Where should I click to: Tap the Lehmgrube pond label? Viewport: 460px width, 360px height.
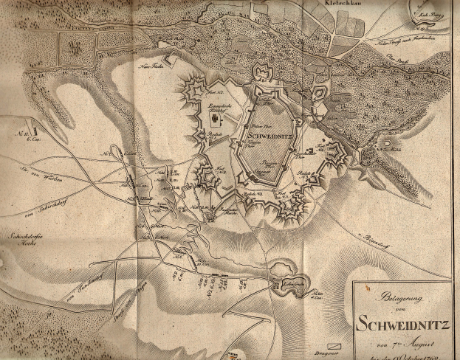point(284,281)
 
